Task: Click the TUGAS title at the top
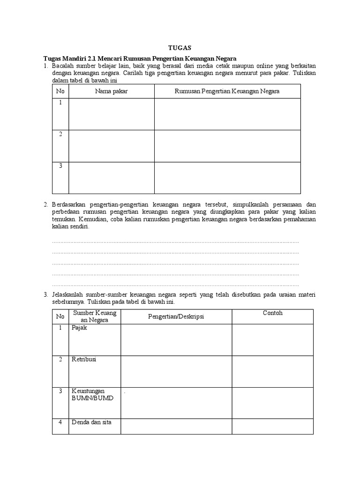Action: (x=180, y=47)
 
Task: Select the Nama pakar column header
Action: (x=111, y=91)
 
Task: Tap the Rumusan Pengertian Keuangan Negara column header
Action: (x=227, y=91)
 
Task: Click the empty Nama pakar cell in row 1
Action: (x=111, y=114)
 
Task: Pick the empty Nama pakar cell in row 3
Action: (x=111, y=178)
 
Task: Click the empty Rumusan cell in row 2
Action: (x=227, y=146)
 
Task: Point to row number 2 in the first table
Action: (x=60, y=134)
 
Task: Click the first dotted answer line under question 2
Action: (x=175, y=242)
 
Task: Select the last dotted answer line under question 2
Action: (x=175, y=285)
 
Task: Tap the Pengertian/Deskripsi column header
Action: (x=176, y=316)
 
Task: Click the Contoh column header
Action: (x=272, y=313)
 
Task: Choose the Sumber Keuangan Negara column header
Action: (x=95, y=316)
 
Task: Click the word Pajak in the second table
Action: (x=79, y=328)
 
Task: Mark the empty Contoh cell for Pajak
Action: (x=272, y=340)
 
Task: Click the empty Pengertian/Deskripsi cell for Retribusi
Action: (x=176, y=371)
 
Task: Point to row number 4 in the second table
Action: (x=60, y=422)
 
